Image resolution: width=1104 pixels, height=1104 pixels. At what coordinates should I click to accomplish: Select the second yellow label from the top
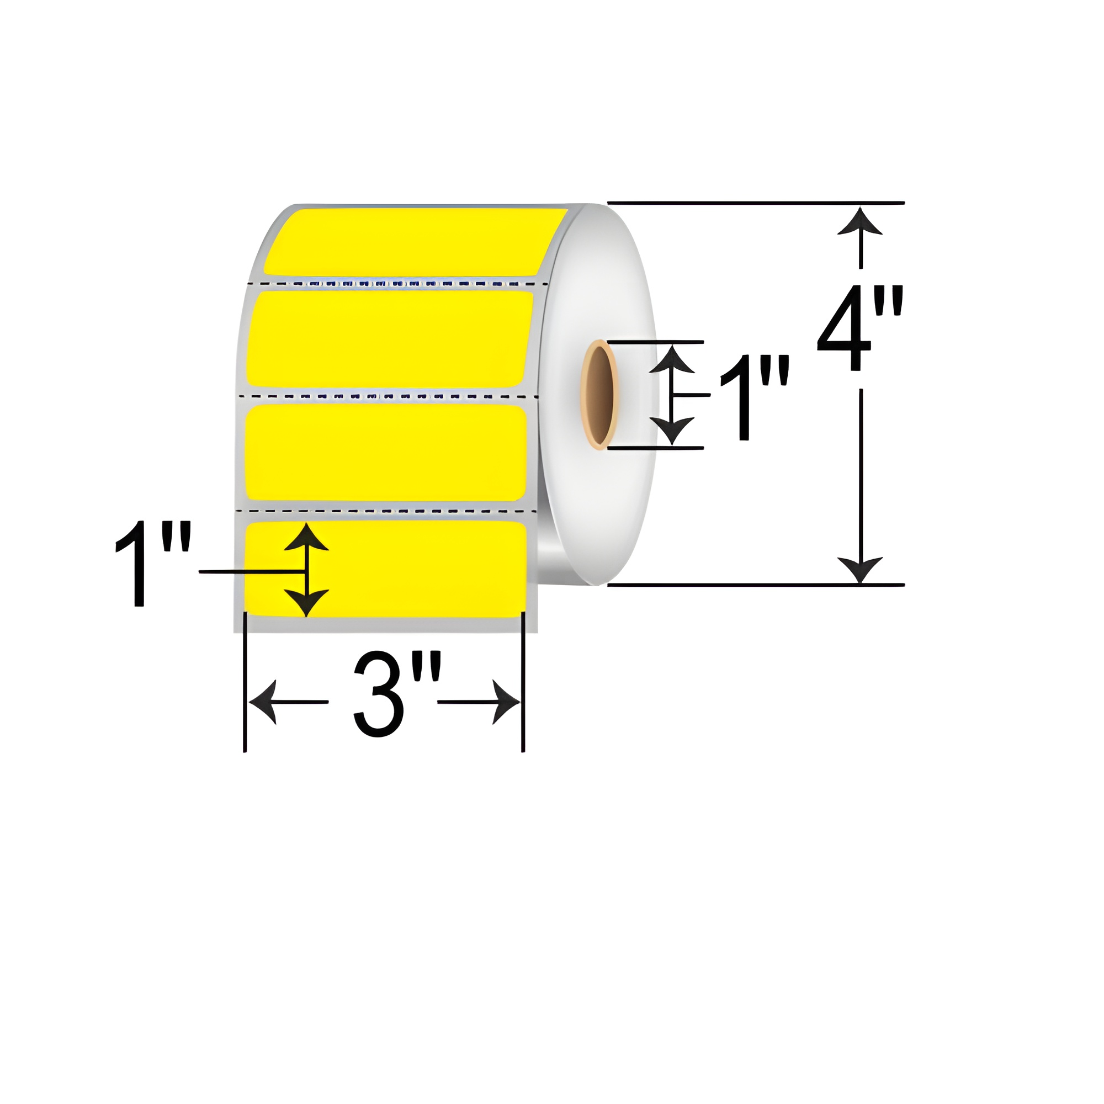click(389, 339)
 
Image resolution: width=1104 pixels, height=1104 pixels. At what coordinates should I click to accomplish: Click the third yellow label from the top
click(386, 452)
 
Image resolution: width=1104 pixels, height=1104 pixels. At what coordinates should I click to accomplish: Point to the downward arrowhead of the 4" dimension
click(860, 569)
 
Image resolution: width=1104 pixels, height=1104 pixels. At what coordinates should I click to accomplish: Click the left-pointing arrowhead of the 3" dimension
click(263, 701)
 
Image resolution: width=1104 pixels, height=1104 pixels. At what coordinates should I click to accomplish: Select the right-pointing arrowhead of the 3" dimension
click(506, 701)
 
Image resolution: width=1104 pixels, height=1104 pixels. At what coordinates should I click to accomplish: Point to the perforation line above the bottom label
click(386, 509)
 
